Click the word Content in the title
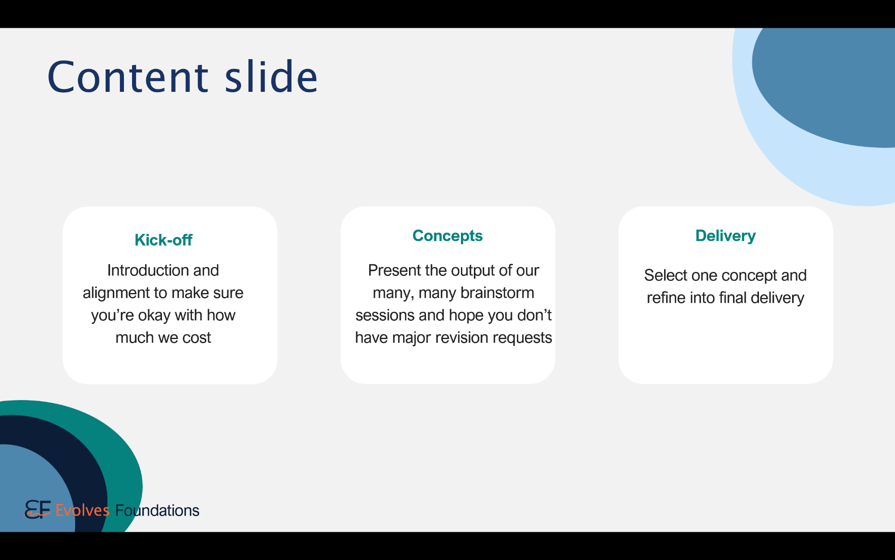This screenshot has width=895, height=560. [128, 77]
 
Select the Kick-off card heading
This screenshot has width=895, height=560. [163, 240]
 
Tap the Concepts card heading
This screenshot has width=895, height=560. [447, 236]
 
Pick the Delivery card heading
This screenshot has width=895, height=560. [725, 236]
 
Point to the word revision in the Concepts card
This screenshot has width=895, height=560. [461, 338]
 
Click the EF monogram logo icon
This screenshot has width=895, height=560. [38, 509]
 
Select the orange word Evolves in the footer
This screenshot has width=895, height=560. [82, 510]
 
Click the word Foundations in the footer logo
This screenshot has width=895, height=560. [157, 510]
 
